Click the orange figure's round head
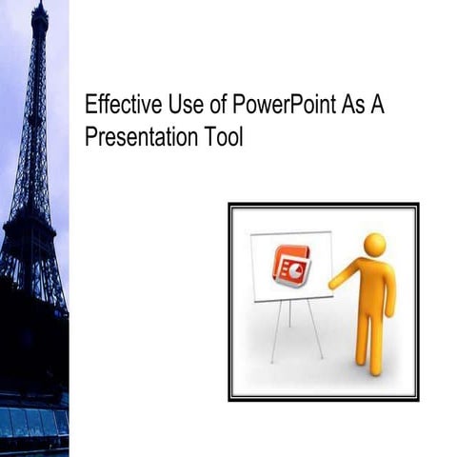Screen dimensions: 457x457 (x=374, y=244)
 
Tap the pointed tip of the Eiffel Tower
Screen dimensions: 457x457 (x=39, y=5)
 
